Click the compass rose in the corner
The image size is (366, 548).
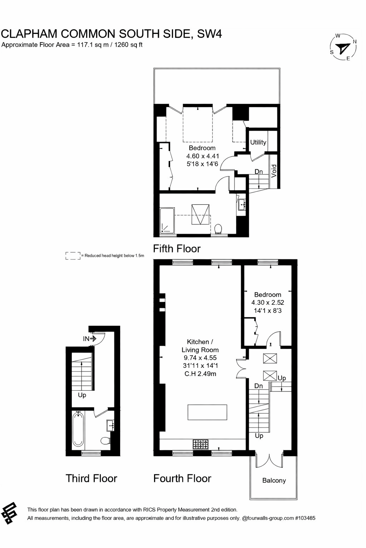[343, 47]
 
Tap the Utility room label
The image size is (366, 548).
[258, 142]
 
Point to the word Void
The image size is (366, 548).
[274, 171]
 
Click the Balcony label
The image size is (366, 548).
[274, 481]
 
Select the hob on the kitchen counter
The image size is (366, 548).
[201, 444]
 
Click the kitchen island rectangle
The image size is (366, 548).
[207, 412]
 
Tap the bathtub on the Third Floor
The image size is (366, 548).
[78, 430]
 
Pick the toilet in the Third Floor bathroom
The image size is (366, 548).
[105, 441]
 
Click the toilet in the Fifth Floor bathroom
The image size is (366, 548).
[218, 228]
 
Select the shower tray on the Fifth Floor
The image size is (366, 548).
[167, 222]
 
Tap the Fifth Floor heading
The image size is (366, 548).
[177, 249]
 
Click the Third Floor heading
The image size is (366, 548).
[91, 478]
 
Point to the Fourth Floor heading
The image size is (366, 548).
[182, 478]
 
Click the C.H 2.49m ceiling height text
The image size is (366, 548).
[200, 374]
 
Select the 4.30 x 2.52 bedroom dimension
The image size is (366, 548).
[268, 303]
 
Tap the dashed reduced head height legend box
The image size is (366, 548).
[73, 255]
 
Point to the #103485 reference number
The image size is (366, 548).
[305, 518]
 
